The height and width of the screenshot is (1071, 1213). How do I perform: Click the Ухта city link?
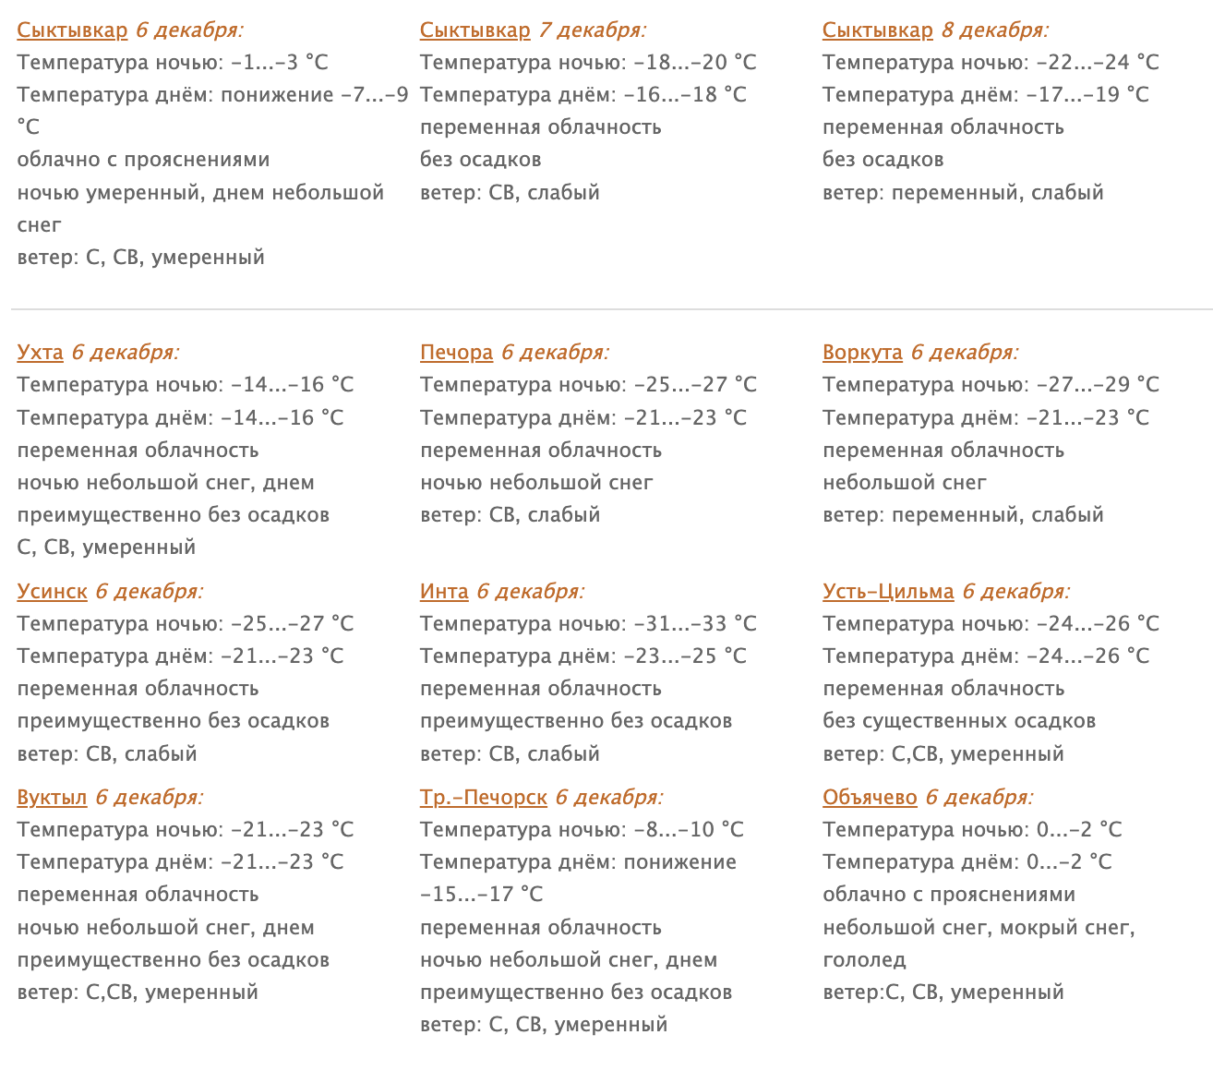(x=40, y=353)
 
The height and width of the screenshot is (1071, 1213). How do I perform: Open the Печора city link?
(x=456, y=353)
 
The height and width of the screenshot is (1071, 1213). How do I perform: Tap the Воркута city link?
(x=862, y=353)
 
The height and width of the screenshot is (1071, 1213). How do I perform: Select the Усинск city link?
(x=52, y=592)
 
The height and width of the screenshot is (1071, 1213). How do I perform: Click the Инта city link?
(x=444, y=592)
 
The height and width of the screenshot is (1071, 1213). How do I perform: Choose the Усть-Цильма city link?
(x=888, y=592)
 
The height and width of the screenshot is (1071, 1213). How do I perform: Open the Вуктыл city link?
(x=52, y=798)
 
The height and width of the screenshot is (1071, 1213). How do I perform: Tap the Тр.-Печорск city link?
(x=483, y=798)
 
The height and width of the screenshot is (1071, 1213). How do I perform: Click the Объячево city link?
(x=870, y=798)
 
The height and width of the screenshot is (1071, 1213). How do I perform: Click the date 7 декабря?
(x=592, y=30)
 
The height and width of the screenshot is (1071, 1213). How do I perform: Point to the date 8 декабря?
(x=994, y=30)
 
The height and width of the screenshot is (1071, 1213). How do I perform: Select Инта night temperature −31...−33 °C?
(x=694, y=624)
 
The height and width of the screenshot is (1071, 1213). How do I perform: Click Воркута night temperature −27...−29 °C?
(x=1097, y=385)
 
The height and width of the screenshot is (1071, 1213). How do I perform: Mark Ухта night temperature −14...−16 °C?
(x=292, y=385)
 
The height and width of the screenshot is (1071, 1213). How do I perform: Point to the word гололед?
(x=864, y=960)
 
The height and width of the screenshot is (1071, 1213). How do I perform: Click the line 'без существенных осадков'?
(x=959, y=721)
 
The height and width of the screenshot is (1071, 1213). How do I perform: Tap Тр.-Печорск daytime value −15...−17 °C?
(x=481, y=895)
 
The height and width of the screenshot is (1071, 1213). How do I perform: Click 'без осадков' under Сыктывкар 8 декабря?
(x=883, y=160)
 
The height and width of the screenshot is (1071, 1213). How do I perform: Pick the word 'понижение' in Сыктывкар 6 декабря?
(x=277, y=95)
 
